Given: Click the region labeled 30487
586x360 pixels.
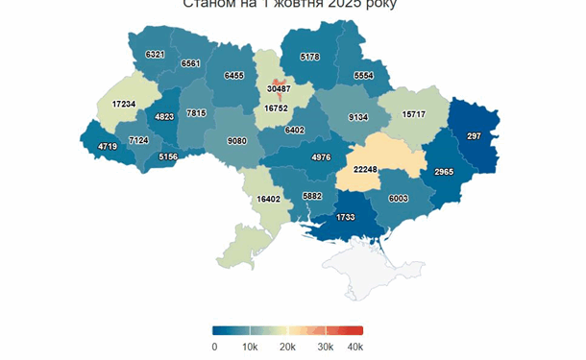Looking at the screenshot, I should point(279,88).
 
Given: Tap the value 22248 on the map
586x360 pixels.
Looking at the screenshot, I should point(366,169).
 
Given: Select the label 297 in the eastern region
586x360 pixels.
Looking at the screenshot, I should point(474,136).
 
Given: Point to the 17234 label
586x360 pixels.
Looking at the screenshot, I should point(124,104).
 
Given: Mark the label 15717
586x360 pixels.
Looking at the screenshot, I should point(414,114).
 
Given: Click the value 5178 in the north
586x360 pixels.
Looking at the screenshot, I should point(309,57).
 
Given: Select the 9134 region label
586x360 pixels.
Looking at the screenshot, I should point(358,117).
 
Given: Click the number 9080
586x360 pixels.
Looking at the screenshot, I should point(235,141).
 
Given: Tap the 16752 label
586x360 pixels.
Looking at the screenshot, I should point(279,108).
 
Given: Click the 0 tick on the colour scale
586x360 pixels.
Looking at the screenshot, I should point(214,347).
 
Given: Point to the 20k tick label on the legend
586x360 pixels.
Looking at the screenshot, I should point(285,347).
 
